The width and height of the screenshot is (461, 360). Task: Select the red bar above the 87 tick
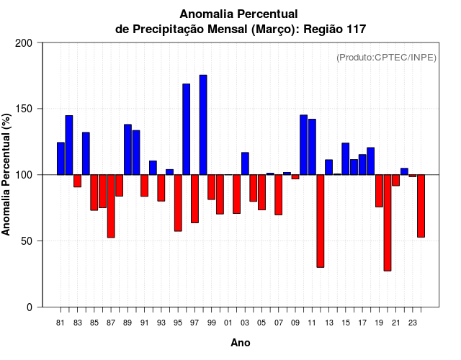click(x=111, y=206)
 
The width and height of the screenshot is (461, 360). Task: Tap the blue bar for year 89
click(x=127, y=150)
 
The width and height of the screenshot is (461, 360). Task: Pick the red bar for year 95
click(x=178, y=202)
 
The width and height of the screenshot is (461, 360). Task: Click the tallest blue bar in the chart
click(x=203, y=125)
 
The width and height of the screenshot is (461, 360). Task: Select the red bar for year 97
click(x=194, y=199)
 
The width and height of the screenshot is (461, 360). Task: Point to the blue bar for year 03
click(x=245, y=163)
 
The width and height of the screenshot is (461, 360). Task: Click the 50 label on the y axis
click(x=27, y=241)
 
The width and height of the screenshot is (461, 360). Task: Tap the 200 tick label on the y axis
click(x=24, y=43)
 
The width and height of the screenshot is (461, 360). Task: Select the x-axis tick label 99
click(x=212, y=323)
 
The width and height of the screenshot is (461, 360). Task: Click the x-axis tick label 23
click(x=413, y=323)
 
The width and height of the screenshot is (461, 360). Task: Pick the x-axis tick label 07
click(x=279, y=323)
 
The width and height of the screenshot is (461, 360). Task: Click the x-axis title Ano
click(x=241, y=343)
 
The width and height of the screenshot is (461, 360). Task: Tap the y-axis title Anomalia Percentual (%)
click(x=7, y=174)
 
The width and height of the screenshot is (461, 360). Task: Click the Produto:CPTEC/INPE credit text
click(x=386, y=58)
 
